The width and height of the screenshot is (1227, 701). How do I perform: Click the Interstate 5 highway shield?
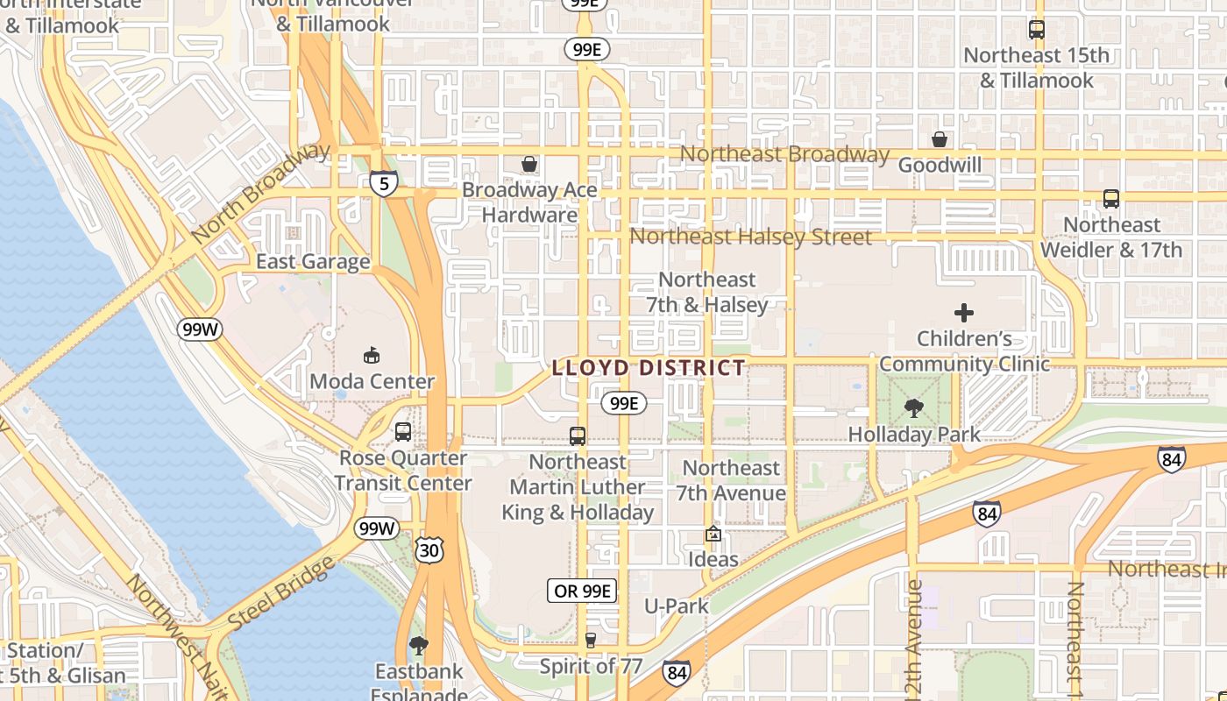click(x=384, y=183)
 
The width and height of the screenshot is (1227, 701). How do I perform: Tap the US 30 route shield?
click(x=430, y=549)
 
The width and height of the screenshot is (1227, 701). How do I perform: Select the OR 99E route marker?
click(x=582, y=591)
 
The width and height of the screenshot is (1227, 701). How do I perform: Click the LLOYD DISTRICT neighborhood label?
click(x=649, y=368)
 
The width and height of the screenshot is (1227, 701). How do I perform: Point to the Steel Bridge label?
click(x=281, y=592)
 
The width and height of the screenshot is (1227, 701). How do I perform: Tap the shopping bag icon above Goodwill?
click(x=940, y=139)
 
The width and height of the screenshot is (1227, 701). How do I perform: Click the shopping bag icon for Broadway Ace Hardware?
click(x=529, y=164)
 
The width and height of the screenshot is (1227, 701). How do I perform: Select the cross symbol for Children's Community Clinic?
click(x=964, y=312)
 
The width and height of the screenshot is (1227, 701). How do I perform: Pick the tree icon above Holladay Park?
click(x=914, y=407)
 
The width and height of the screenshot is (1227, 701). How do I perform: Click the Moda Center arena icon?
click(x=372, y=355)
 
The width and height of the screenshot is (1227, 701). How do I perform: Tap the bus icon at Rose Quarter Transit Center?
click(x=402, y=431)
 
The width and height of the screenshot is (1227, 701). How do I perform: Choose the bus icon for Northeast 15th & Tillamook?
click(x=1037, y=29)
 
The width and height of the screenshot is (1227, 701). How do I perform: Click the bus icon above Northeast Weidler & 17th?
click(x=1111, y=199)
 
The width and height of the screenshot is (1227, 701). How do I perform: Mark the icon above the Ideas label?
click(x=713, y=533)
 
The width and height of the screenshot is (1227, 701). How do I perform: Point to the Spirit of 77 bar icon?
click(x=591, y=640)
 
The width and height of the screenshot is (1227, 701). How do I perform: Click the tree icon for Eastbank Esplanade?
click(x=419, y=646)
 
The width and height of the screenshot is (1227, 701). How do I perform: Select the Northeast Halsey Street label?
click(x=751, y=237)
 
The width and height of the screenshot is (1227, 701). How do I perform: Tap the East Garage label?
click(x=313, y=261)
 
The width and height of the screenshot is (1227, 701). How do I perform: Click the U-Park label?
click(x=677, y=605)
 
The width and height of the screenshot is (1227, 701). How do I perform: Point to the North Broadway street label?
click(x=260, y=193)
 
